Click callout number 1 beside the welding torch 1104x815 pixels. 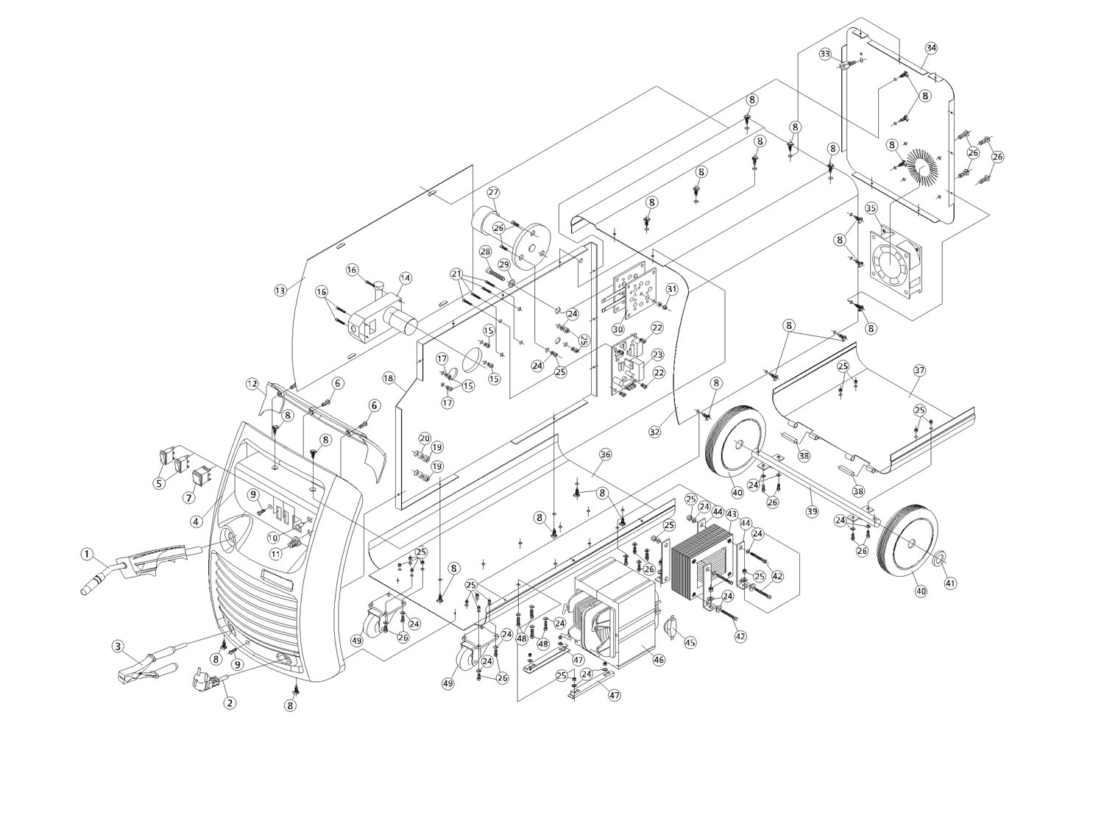tap(87, 554)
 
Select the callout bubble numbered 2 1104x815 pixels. tap(230, 703)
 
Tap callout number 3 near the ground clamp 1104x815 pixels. tap(118, 647)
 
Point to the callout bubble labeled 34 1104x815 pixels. tap(931, 48)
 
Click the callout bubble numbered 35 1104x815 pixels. tap(871, 208)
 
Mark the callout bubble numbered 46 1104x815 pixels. tap(659, 661)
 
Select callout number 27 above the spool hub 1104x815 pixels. tap(493, 192)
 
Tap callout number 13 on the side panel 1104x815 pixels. tap(280, 290)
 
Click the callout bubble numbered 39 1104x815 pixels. tap(812, 512)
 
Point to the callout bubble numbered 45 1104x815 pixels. tap(690, 643)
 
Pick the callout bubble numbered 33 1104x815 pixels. tap(825, 54)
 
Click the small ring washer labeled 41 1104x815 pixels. tap(936, 558)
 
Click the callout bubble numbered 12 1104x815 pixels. tap(253, 384)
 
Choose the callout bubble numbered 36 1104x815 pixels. tap(605, 455)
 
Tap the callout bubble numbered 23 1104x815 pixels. tap(657, 355)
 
